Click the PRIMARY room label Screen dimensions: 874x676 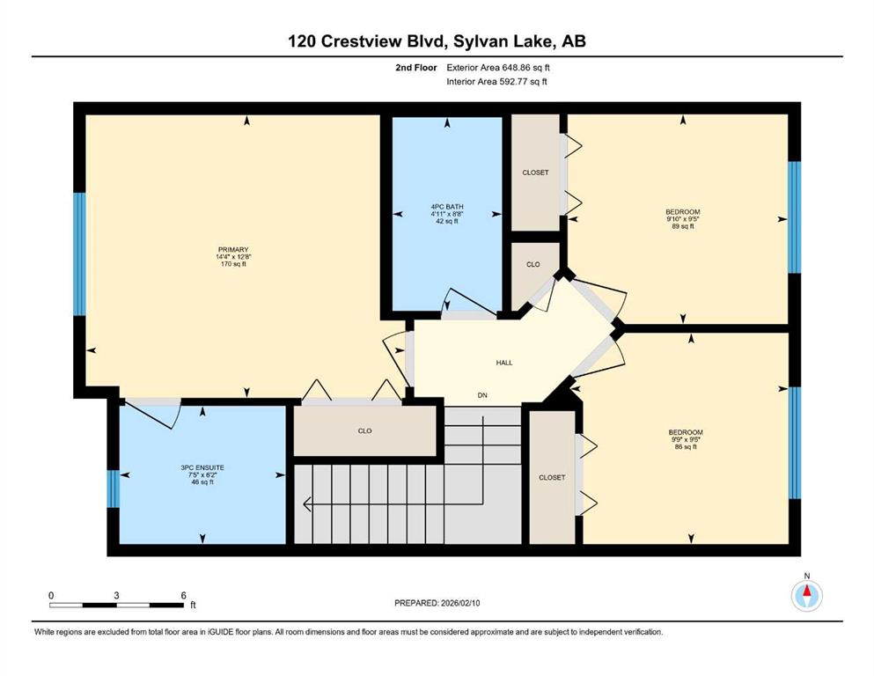pyautogui.click(x=233, y=250)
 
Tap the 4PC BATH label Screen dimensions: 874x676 pyautogui.click(x=447, y=207)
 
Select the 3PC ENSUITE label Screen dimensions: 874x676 pyautogui.click(x=202, y=468)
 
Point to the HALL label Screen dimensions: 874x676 pyautogui.click(x=504, y=363)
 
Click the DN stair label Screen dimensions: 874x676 pyautogui.click(x=482, y=395)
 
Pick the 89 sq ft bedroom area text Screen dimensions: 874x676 pyautogui.click(x=683, y=226)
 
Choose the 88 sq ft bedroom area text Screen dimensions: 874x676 pyautogui.click(x=686, y=446)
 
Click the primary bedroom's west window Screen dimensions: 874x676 pyautogui.click(x=80, y=254)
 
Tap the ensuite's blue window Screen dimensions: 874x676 pyautogui.click(x=114, y=489)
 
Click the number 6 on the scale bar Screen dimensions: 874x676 pyautogui.click(x=183, y=595)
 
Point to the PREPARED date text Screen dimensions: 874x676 pyautogui.click(x=437, y=603)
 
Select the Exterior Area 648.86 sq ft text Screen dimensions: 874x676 pyautogui.click(x=498, y=68)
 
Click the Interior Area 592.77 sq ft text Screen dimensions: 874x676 pyautogui.click(x=496, y=81)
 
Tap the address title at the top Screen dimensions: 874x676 pyautogui.click(x=437, y=41)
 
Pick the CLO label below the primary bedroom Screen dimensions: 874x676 pyautogui.click(x=364, y=430)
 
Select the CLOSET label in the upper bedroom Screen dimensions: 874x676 pyautogui.click(x=536, y=173)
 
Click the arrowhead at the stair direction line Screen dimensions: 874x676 pyautogui.click(x=307, y=504)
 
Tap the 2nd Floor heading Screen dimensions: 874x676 pyautogui.click(x=416, y=68)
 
